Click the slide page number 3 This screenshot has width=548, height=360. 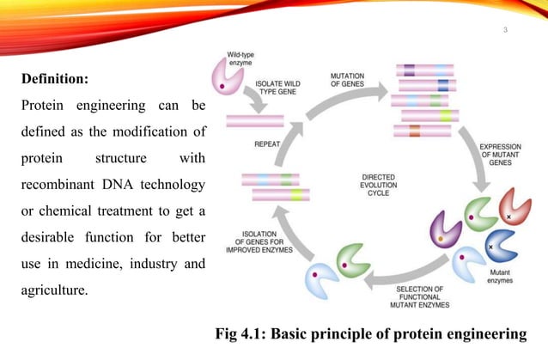point(506,33)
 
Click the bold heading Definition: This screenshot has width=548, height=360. point(54,79)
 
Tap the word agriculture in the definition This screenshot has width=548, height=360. point(53,290)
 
